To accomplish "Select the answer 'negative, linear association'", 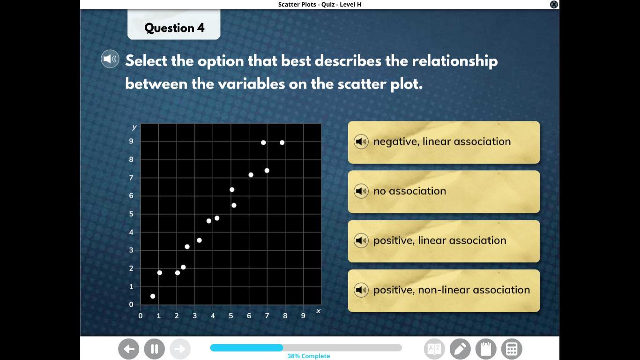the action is (444, 142).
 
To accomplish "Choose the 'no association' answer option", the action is (444, 192).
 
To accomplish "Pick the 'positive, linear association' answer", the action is (444, 241).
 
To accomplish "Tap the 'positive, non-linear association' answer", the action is (444, 291).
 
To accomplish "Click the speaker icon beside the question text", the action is (110, 59).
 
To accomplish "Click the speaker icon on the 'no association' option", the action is (361, 191).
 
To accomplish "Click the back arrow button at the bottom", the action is (128, 349).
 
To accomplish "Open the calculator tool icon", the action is (512, 349).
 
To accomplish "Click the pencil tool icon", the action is (460, 349).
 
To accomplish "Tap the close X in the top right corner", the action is (554, 4).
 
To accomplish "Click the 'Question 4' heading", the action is (174, 28).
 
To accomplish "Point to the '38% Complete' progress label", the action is (309, 356).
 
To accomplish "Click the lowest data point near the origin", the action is (153, 296).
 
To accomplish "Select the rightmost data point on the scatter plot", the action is (282, 142).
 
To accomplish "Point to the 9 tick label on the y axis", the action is (131, 141).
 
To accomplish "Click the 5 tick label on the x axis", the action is (231, 315).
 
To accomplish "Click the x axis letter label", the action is (318, 311).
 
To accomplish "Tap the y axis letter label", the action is (134, 127).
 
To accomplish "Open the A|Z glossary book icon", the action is (434, 349).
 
